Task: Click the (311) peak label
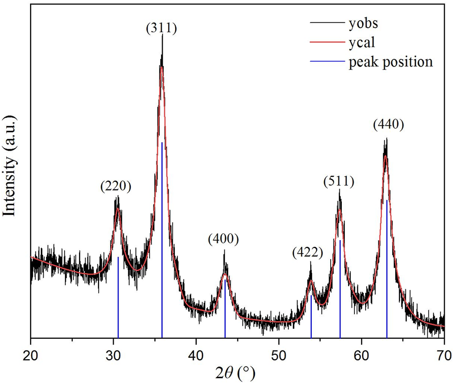tap(161, 29)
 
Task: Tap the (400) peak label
tap(223, 239)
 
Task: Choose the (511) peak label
tap(339, 182)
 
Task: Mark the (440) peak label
tap(388, 125)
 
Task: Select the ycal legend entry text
tap(362, 43)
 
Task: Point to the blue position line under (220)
tap(118, 297)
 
